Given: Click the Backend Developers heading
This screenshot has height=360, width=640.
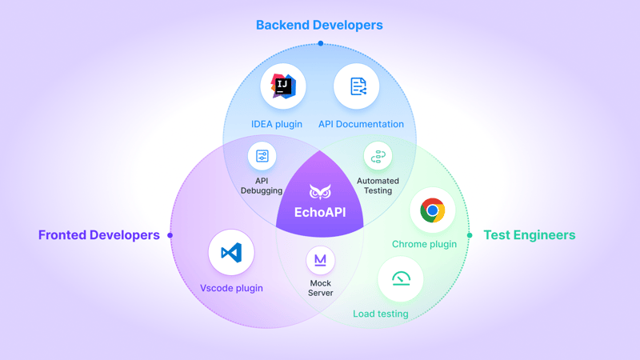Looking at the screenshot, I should coord(319,25).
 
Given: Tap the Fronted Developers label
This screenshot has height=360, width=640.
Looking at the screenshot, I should coord(99,235).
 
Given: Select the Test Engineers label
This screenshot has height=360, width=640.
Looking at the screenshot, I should coord(529,235).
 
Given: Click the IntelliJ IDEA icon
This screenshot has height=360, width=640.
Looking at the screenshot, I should coord(283,86).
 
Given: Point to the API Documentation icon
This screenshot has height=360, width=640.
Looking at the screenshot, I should coord(357,86).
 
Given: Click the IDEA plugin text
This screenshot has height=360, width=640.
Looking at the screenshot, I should coord(277,124).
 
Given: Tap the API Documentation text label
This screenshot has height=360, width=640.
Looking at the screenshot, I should coord(361,124).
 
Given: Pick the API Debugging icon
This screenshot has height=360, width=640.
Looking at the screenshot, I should coord(262,156).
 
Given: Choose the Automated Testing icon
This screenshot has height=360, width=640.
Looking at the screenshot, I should coord(378,156).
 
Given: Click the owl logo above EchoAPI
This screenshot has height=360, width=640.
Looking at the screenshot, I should coord(320,193).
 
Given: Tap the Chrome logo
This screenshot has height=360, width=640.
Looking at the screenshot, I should coord(433,210).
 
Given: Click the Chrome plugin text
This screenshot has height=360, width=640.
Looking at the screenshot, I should coord(424,244).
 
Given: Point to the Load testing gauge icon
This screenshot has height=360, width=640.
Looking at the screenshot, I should coord(401,278).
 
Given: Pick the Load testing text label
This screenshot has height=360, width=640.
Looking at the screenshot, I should coord(381,314).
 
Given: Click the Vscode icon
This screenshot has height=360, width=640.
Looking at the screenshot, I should coord(231,253).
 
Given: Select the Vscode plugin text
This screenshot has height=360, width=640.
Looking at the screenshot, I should coord(231,288).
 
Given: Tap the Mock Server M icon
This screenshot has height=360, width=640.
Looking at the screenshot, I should coord(320,260).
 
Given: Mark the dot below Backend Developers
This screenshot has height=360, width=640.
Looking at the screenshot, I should coord(320,43).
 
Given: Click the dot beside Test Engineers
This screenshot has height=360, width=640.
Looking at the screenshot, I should coord(470,235).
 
